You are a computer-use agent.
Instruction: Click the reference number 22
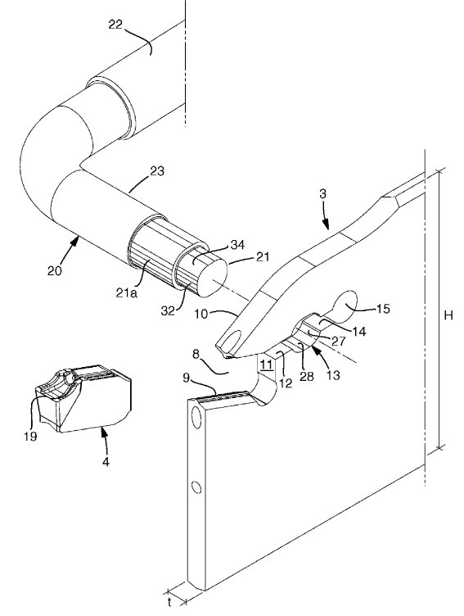pyautogui.click(x=115, y=25)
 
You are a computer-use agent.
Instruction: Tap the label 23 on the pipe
pyautogui.click(x=156, y=171)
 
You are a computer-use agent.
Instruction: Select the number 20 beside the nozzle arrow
pyautogui.click(x=55, y=270)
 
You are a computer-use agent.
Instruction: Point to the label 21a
pyautogui.click(x=128, y=292)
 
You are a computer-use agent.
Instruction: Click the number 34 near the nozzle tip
pyautogui.click(x=237, y=245)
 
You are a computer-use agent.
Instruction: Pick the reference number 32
pyautogui.click(x=169, y=310)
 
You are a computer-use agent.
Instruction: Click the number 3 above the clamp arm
pyautogui.click(x=323, y=194)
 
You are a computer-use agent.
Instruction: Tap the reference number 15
pyautogui.click(x=383, y=309)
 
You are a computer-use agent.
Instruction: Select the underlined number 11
pyautogui.click(x=267, y=365)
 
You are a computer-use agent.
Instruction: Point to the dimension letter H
pyautogui.click(x=448, y=315)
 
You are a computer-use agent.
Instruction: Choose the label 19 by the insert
pyautogui.click(x=30, y=436)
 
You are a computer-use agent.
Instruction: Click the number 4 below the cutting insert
pyautogui.click(x=106, y=461)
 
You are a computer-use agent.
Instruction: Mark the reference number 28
pyautogui.click(x=307, y=376)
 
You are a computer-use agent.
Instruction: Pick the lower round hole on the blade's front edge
pyautogui.click(x=197, y=487)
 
